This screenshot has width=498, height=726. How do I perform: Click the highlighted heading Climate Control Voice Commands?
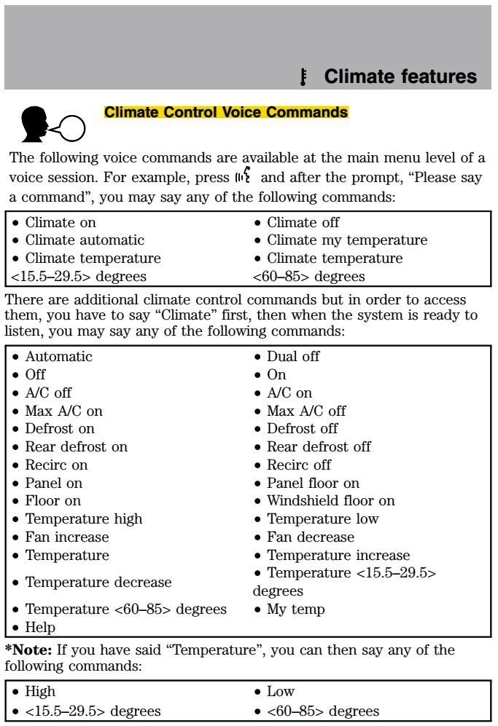pyautogui.click(x=226, y=112)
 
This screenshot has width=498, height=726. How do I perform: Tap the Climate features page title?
pyautogui.click(x=400, y=76)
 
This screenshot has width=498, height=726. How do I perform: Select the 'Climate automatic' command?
pyautogui.click(x=84, y=240)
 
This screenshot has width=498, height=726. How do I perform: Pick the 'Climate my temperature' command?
pyautogui.click(x=346, y=240)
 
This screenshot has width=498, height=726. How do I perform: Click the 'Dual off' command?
pyautogui.click(x=292, y=357)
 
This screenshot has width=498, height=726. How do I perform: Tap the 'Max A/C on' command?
pyautogui.click(x=63, y=411)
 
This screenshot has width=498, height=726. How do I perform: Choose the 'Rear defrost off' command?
pyautogui.click(x=318, y=446)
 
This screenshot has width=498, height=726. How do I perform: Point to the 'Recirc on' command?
pyautogui.click(x=56, y=465)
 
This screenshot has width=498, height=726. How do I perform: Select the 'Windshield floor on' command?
pyautogui.click(x=330, y=501)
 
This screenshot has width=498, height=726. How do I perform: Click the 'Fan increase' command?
pyautogui.click(x=66, y=537)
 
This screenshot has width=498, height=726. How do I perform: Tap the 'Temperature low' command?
pyautogui.click(x=322, y=518)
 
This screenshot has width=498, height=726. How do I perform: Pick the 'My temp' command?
pyautogui.click(x=295, y=609)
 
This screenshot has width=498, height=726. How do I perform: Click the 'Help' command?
pyautogui.click(x=40, y=627)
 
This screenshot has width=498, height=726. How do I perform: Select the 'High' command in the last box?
pyautogui.click(x=40, y=691)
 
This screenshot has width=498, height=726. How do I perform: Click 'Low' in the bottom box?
pyautogui.click(x=280, y=691)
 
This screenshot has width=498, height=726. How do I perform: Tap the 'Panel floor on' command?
pyautogui.click(x=313, y=483)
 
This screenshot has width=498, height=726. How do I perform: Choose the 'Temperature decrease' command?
pyautogui.click(x=98, y=582)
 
